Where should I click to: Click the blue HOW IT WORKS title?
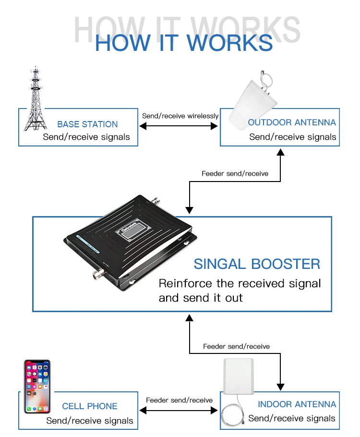184,43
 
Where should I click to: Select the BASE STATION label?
87,124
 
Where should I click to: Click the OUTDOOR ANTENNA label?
292,122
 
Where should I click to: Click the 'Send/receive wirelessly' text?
180,116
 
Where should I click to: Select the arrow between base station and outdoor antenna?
179,126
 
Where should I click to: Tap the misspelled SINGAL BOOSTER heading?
257,264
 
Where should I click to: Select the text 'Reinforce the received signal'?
240,283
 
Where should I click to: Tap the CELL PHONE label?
90,406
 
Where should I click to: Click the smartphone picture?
37,387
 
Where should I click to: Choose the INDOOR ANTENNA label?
297,404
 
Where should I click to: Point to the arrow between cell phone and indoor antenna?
179,411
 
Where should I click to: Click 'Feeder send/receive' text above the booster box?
235,173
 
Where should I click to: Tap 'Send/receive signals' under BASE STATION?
86,137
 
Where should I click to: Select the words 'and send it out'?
201,298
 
